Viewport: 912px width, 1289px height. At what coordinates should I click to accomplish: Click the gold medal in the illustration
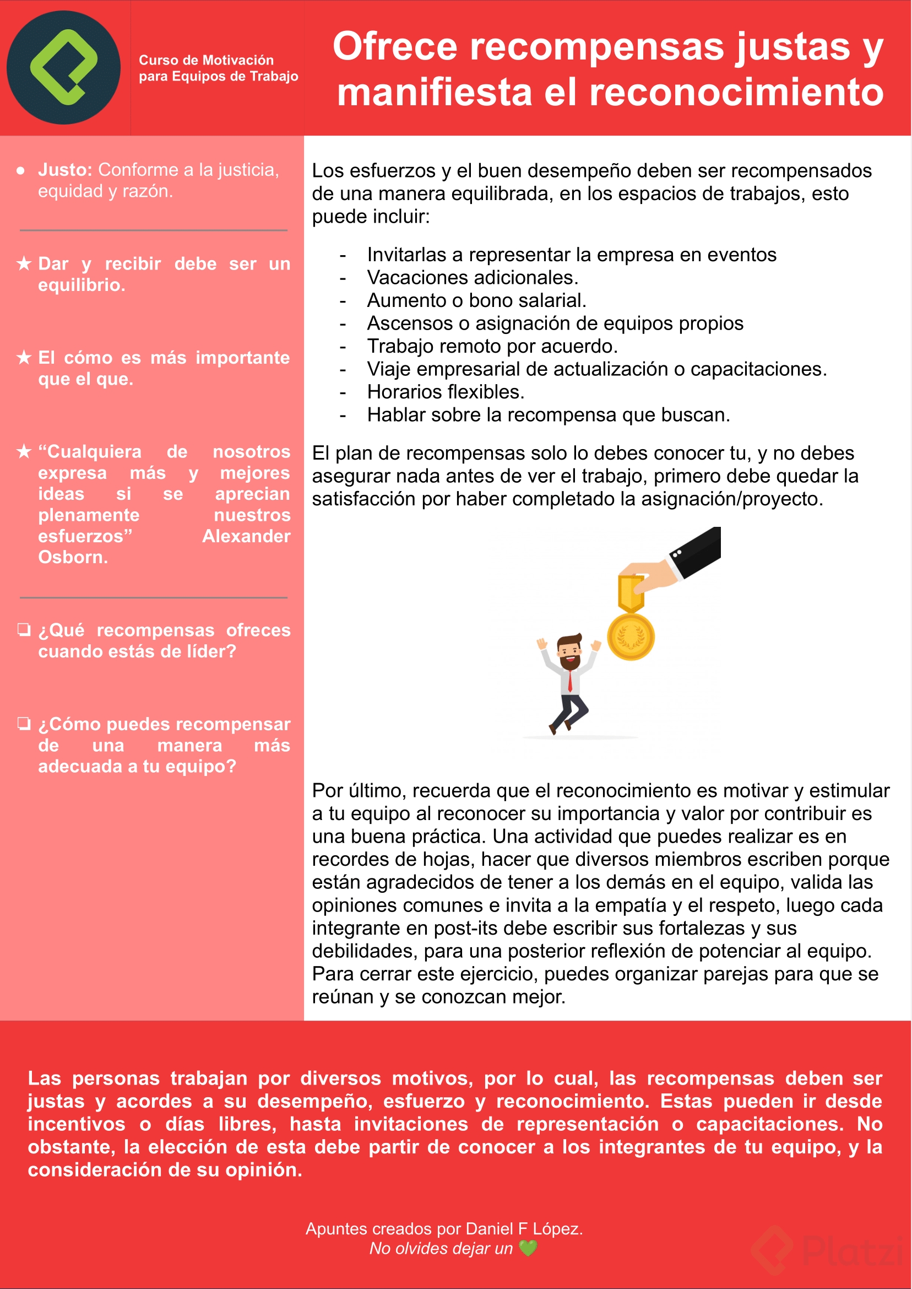631,637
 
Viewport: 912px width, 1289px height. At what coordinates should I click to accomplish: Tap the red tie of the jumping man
570,681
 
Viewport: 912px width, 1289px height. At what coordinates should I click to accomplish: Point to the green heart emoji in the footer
528,1248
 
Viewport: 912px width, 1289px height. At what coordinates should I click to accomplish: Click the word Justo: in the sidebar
65,170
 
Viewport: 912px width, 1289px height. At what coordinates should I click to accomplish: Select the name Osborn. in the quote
73,557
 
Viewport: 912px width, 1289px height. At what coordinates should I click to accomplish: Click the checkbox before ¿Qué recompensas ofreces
24,629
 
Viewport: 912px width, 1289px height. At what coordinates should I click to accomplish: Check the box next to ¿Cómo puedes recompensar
24,723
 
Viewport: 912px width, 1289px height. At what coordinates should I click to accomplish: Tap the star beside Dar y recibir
24,263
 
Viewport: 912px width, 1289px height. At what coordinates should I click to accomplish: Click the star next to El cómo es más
24,357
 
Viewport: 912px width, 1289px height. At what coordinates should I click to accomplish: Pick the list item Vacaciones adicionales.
473,278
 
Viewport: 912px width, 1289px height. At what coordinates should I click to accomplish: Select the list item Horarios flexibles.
446,392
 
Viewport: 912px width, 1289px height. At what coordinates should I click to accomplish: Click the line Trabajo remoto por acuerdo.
492,346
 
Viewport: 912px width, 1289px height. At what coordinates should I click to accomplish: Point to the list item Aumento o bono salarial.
476,300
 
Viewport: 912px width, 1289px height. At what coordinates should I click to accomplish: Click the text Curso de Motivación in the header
206,60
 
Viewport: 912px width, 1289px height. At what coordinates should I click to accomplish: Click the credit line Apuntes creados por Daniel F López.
444,1229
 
